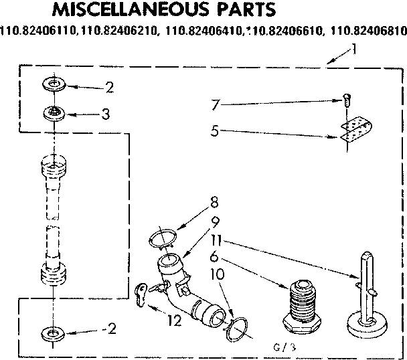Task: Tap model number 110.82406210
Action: coord(116,29)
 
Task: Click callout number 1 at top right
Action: coord(353,48)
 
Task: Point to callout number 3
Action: coord(105,114)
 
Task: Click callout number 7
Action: coord(214,104)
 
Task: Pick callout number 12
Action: coord(175,321)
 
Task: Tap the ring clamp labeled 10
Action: coord(238,328)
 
